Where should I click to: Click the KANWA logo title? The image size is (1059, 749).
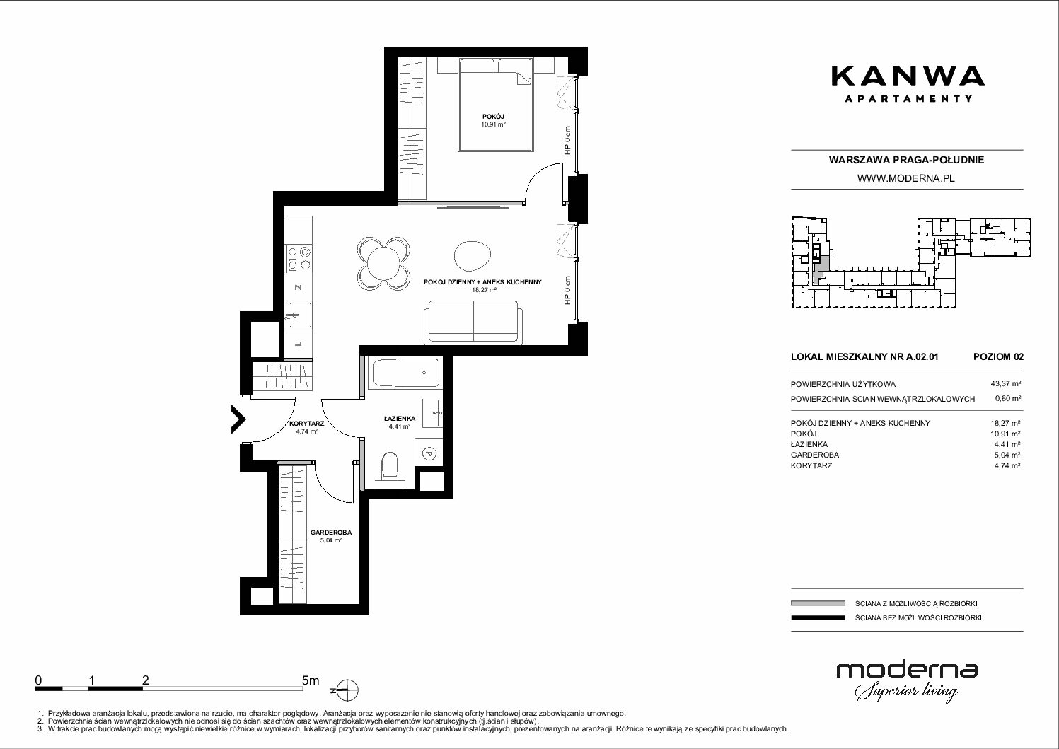click(908, 76)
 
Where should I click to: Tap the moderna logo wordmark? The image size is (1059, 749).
click(907, 670)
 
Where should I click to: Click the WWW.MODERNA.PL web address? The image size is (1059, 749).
click(905, 178)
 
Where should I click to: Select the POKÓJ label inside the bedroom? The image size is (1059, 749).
click(493, 117)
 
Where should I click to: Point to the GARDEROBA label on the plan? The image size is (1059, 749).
click(331, 532)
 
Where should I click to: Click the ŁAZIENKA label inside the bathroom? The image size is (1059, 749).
click(400, 418)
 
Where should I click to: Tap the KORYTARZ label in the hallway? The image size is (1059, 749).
click(307, 424)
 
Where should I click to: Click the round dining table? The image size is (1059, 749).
click(383, 263)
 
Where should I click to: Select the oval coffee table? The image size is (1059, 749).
click(473, 256)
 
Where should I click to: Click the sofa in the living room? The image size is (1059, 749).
click(474, 321)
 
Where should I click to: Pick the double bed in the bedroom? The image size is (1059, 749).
click(495, 105)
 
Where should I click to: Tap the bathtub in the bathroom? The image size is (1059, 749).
click(405, 373)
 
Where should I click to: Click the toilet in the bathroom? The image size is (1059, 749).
click(390, 468)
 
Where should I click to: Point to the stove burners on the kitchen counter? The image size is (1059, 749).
click(299, 259)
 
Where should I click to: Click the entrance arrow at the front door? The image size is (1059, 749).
click(238, 419)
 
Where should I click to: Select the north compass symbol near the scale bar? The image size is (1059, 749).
click(347, 691)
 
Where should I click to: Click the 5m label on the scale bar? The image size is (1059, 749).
click(311, 680)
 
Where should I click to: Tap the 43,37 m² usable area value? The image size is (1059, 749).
click(1005, 384)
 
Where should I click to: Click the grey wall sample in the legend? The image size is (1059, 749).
click(818, 603)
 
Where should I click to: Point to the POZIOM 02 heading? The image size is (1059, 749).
click(998, 356)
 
